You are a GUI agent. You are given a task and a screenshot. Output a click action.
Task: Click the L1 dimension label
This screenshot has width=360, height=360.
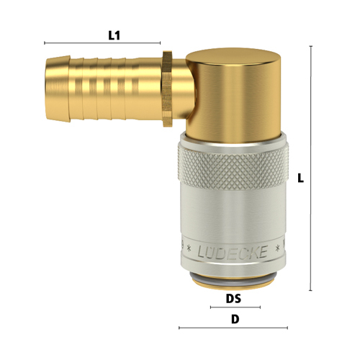[114, 36]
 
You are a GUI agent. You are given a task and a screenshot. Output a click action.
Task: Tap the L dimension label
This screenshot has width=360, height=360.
[300, 178]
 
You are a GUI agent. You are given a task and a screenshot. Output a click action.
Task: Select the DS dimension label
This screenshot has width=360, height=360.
[233, 299]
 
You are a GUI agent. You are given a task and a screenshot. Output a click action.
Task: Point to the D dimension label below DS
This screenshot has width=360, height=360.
[235, 320]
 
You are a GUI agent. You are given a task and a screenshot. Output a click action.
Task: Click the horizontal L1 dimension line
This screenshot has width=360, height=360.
[102, 43]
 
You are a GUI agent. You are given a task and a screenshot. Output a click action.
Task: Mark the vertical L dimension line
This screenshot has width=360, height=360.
[311, 168]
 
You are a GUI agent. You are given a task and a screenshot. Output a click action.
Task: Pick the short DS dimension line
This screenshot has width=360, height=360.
[235, 307]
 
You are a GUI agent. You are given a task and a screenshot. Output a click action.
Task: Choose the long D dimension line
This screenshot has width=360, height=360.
[233, 328]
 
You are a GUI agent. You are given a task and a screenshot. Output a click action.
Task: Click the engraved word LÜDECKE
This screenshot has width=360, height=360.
[233, 252]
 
